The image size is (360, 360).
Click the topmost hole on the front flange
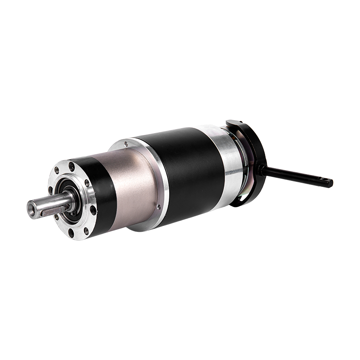click(72, 167)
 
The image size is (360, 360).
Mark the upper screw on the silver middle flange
click(126, 144)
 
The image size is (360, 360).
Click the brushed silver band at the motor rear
click(229, 162)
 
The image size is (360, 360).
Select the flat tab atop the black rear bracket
click(234, 123)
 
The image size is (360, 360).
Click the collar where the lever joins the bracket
click(261, 170)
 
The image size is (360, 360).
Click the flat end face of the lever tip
click(331, 183)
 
